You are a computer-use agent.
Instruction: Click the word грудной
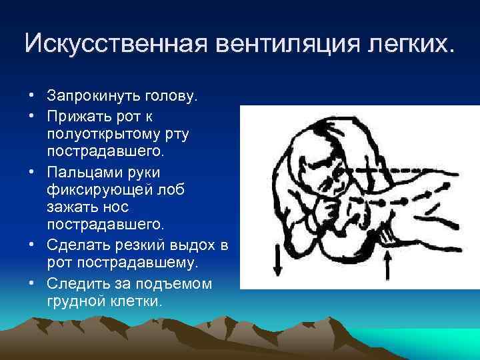(72, 301)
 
